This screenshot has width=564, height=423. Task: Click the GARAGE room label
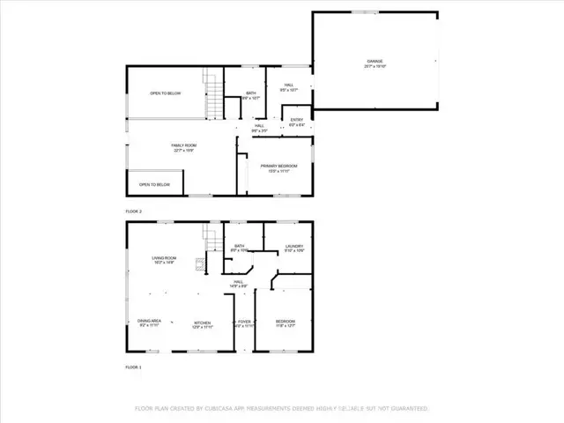pos(375,61)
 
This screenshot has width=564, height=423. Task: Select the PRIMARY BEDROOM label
pos(278,166)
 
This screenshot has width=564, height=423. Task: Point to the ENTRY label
pos(297,121)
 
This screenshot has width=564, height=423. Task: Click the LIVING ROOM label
pos(165,257)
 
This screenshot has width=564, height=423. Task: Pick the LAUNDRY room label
pos(294,246)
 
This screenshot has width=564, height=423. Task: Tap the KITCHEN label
pos(204,322)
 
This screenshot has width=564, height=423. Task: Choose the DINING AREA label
pos(149,321)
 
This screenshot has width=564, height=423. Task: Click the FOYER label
pos(244,322)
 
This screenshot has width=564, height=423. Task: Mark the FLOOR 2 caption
pos(134,211)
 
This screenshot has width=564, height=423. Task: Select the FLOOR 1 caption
pos(133,366)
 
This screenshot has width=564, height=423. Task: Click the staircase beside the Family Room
pos(211,95)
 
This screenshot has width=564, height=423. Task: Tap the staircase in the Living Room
pos(211,238)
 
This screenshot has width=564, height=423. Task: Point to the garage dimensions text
pos(375,66)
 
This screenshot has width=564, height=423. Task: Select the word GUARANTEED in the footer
pos(407,409)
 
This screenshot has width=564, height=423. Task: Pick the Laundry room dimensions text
pos(294,251)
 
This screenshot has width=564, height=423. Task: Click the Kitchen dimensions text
pos(204,327)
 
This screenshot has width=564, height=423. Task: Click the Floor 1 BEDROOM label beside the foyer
pos(286,322)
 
